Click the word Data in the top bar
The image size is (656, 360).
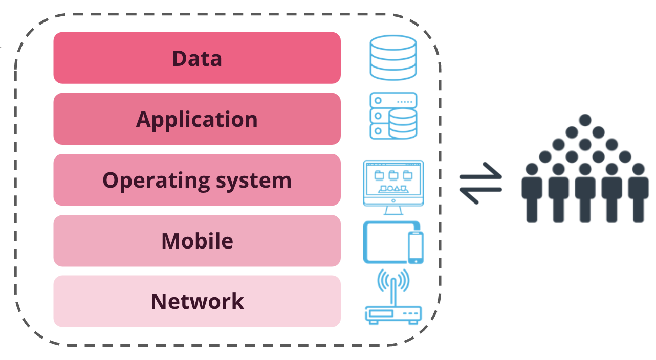(197, 58)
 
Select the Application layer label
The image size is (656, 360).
(197, 120)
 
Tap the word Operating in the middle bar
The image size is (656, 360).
(146, 181)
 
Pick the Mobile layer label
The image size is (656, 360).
(197, 241)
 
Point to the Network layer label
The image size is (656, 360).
(197, 301)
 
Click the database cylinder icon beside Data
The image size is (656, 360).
(393, 57)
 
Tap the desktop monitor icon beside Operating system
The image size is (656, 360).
(393, 180)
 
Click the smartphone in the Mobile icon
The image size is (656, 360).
(416, 247)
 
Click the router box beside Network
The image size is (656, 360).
(393, 313)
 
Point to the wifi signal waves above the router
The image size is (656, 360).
(393, 280)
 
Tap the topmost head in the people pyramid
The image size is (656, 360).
(585, 120)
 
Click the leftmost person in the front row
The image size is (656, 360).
(532, 194)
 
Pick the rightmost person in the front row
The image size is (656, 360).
(638, 194)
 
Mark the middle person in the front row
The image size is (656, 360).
(585, 194)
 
